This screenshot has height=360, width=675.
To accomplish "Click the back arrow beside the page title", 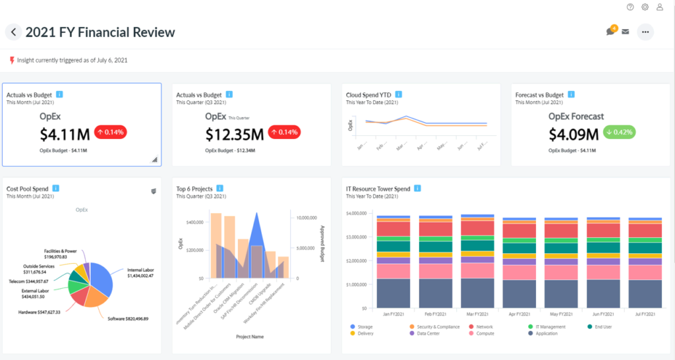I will (x=14, y=32).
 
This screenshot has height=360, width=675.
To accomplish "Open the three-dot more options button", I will (x=645, y=32).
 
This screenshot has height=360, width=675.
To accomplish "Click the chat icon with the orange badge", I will (x=611, y=31).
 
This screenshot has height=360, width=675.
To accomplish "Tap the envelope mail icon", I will (x=625, y=32).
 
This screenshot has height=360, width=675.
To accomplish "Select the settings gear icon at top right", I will (x=645, y=7).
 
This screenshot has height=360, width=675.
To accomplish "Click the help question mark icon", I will (x=630, y=7).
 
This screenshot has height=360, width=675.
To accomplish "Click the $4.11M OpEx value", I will (x=65, y=135).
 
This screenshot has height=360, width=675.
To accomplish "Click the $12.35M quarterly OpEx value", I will (x=234, y=135).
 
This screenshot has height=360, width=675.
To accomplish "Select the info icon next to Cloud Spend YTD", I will (x=397, y=95).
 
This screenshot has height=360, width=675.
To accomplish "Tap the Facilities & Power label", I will (x=61, y=255).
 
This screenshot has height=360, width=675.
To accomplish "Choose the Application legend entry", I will (x=544, y=334).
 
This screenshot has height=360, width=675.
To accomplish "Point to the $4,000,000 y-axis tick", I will (x=356, y=214).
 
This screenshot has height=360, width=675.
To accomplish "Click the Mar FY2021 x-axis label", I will (x=478, y=315).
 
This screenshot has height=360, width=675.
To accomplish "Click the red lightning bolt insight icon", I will (x=12, y=60).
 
